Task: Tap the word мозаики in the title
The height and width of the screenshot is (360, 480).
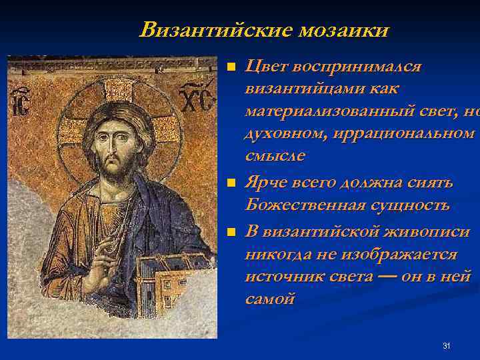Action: tap(344, 30)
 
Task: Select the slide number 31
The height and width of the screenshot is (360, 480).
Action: tap(447, 345)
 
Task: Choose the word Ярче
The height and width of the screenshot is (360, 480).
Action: tap(268, 182)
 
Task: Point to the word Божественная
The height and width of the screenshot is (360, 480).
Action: tap(296, 205)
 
